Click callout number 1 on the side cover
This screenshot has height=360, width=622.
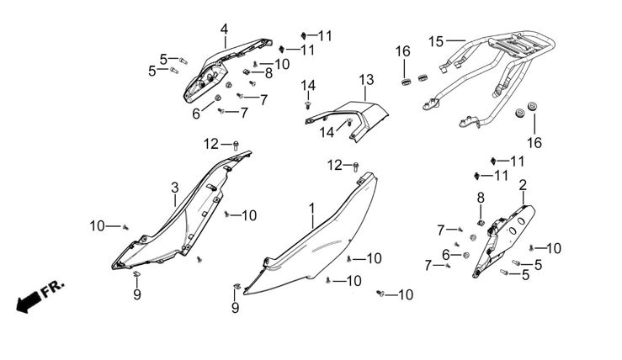tap(312, 207)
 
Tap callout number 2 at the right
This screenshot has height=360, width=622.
tap(524, 184)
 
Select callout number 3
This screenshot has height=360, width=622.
tap(175, 187)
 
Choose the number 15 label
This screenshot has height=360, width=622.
tap(435, 41)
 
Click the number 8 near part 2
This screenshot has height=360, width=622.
tap(481, 196)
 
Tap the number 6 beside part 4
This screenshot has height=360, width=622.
tap(196, 113)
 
